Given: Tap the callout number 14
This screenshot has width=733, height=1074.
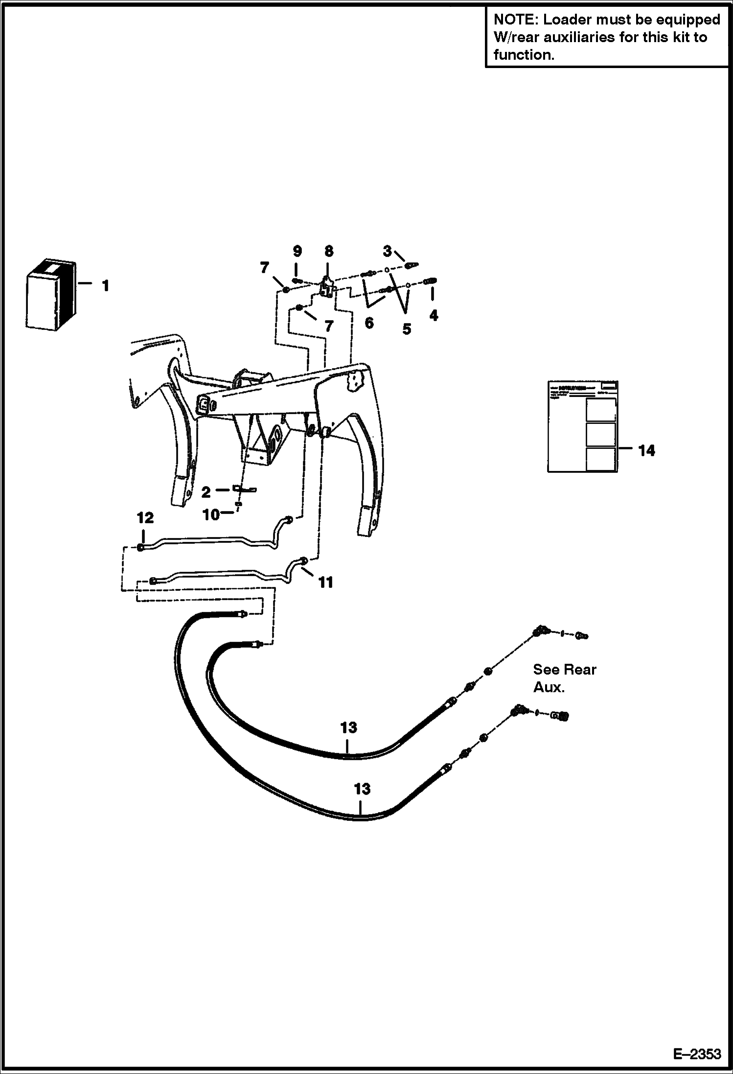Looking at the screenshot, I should pyautogui.click(x=646, y=451).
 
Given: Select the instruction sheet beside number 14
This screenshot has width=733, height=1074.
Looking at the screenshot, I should pyautogui.click(x=582, y=426).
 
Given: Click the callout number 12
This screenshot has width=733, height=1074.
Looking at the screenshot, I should pyautogui.click(x=145, y=518).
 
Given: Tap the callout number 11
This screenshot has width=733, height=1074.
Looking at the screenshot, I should pyautogui.click(x=326, y=582).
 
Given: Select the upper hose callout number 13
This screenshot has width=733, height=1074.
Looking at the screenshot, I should pyautogui.click(x=348, y=727).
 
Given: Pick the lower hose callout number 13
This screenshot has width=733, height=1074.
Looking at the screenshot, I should pyautogui.click(x=362, y=789).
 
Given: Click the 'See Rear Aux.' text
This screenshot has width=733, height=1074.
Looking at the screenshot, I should pyautogui.click(x=564, y=678).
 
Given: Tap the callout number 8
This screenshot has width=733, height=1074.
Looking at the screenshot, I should pyautogui.click(x=329, y=251).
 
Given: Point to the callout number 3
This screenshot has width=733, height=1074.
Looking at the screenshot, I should pyautogui.click(x=387, y=252).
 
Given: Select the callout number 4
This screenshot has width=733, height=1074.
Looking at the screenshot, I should pyautogui.click(x=434, y=316).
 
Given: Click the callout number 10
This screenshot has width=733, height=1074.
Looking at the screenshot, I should pyautogui.click(x=211, y=514).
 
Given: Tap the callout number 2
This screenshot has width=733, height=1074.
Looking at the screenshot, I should pyautogui.click(x=206, y=491).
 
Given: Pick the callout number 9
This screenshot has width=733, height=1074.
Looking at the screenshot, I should pyautogui.click(x=297, y=251).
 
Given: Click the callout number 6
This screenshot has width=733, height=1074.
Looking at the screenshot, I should pyautogui.click(x=369, y=323).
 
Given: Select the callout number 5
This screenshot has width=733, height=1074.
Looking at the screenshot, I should pyautogui.click(x=407, y=329).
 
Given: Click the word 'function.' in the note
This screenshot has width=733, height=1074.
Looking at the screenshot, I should pyautogui.click(x=524, y=55).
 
